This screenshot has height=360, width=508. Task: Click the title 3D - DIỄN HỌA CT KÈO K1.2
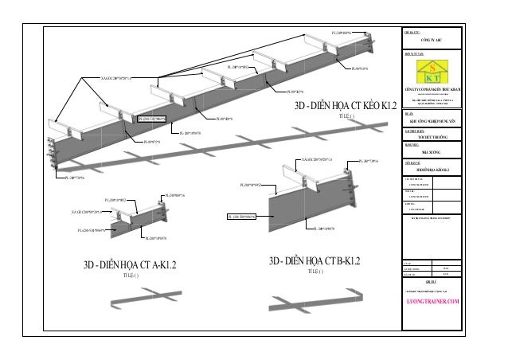coord(346,106)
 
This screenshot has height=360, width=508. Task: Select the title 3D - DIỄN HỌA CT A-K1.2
coord(130,265)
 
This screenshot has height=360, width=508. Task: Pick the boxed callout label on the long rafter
coord(154,118)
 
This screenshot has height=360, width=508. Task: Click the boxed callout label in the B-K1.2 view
coord(241,217)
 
